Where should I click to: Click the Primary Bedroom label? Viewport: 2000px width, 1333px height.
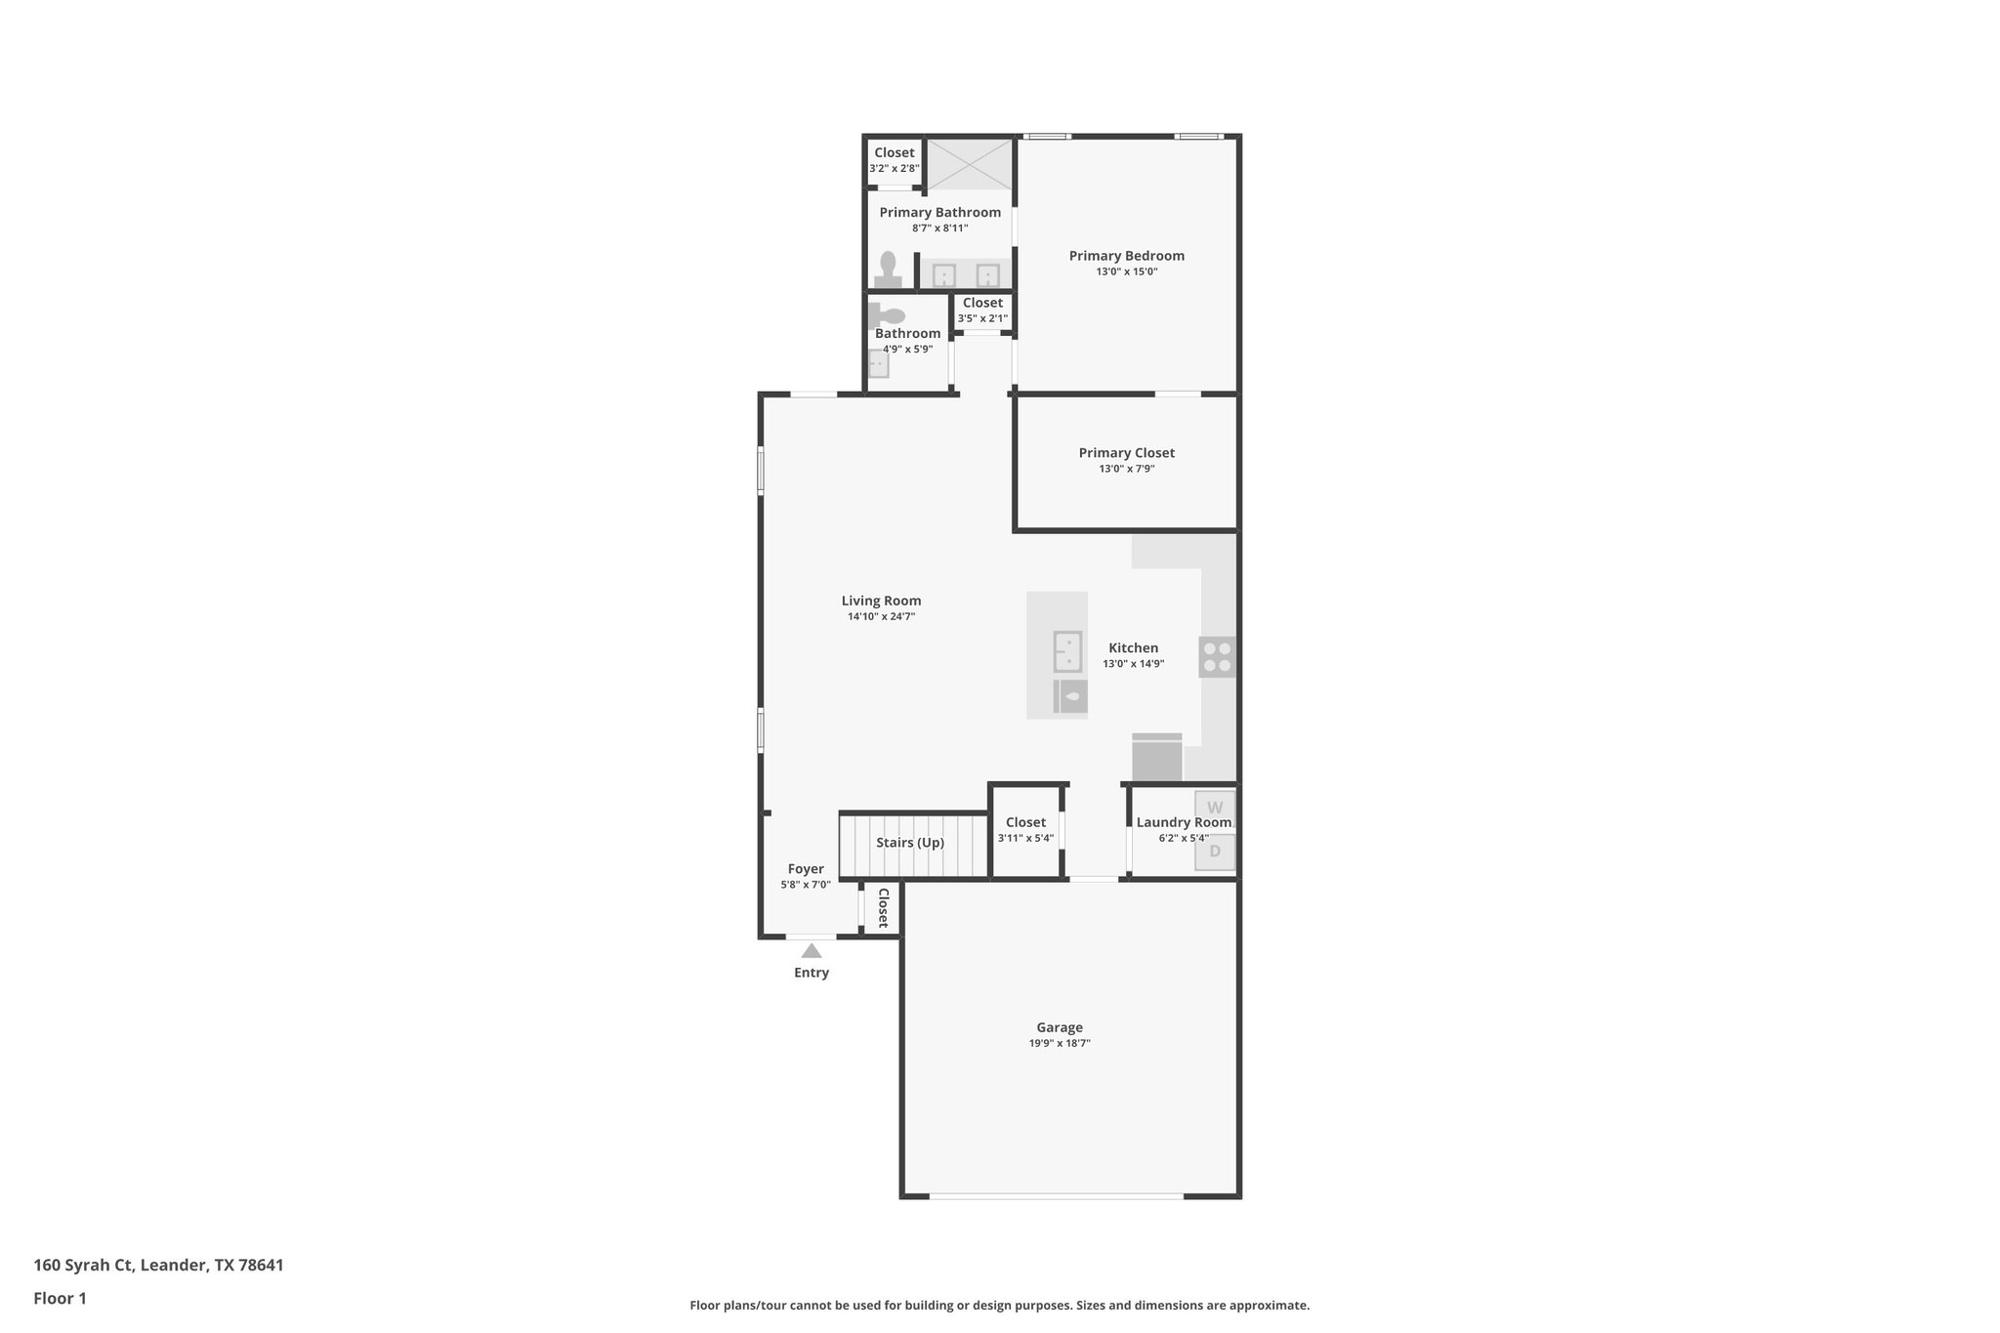pos(1126,256)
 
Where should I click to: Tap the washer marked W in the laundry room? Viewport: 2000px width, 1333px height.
pos(1215,808)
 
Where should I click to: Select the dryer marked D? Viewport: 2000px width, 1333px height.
pos(1215,852)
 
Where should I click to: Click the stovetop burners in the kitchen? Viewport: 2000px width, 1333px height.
pos(1217,656)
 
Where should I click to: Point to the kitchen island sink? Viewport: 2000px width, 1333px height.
pos(1067,651)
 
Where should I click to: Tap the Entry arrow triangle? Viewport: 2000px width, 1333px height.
pos(811,950)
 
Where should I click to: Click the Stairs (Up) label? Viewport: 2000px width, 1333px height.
pos(909,843)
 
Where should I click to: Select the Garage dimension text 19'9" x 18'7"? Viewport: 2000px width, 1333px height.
pos(1060,1043)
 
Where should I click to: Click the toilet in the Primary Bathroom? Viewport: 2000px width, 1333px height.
pos(888,269)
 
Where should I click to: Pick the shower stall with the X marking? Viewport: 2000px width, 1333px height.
pos(969,163)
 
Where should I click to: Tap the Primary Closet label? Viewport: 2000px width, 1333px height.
pos(1126,453)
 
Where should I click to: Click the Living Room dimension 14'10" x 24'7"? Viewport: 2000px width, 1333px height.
pos(881,616)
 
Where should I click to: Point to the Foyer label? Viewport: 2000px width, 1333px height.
pos(806,869)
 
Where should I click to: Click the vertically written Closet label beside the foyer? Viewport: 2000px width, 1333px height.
pos(883,907)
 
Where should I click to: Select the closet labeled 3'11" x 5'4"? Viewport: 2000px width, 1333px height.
pos(1025,830)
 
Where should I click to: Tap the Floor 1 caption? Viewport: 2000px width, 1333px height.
pos(60,1298)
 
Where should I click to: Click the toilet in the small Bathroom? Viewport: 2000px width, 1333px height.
pos(889,315)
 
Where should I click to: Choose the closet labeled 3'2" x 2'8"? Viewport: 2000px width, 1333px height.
pos(894,159)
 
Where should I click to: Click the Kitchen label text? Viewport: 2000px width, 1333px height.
pos(1133,648)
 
